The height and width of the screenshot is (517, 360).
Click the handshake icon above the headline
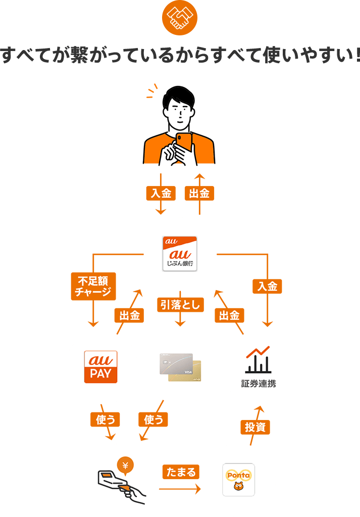(x=180, y=18)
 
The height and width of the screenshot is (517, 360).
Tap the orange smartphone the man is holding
(x=184, y=142)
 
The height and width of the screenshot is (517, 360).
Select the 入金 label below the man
(x=161, y=193)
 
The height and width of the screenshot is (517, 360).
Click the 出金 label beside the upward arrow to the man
(x=199, y=193)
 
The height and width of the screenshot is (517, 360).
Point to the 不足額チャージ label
(x=93, y=286)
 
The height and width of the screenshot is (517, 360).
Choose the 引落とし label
(x=180, y=304)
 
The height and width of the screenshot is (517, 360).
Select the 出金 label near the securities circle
(x=229, y=316)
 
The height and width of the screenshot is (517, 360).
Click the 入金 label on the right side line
(x=267, y=287)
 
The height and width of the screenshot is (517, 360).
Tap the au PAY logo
(x=100, y=367)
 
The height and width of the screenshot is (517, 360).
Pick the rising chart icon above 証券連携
(x=258, y=359)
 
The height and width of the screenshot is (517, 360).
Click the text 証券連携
(x=258, y=384)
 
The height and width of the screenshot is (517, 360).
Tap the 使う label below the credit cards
(x=153, y=419)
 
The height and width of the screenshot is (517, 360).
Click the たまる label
(x=180, y=472)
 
